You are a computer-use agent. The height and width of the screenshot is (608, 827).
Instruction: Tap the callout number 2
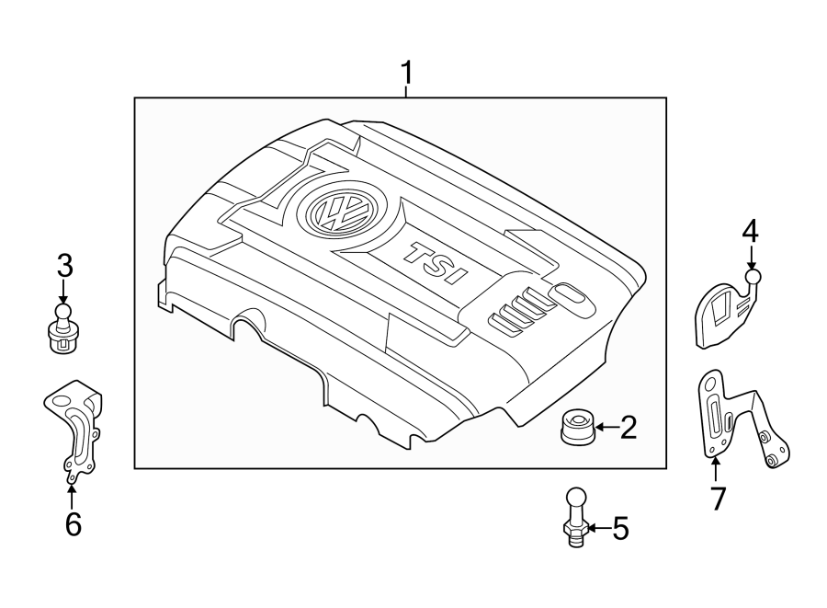(x=629, y=427)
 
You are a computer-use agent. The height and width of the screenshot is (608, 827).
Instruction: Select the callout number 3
(x=63, y=268)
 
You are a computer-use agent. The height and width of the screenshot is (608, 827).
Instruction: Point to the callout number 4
(x=751, y=232)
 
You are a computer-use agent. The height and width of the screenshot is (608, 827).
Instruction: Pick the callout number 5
(x=620, y=529)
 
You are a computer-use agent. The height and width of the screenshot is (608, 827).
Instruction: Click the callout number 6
(x=73, y=524)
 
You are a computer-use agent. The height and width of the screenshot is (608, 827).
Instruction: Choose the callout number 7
(x=718, y=499)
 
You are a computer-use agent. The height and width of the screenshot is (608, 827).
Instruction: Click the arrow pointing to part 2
(x=606, y=427)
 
